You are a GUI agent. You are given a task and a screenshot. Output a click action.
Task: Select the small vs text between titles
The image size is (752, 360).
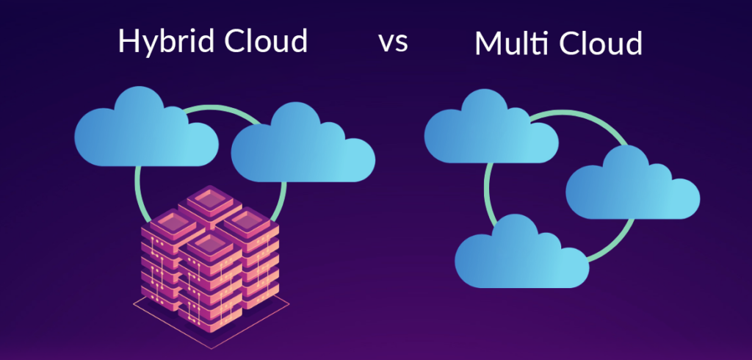pyautogui.click(x=393, y=42)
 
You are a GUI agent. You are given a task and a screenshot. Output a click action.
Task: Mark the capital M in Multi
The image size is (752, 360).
pyautogui.click(x=488, y=43)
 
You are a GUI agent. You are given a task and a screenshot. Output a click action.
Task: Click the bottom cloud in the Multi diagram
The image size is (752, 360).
pyautogui.click(x=522, y=253)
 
